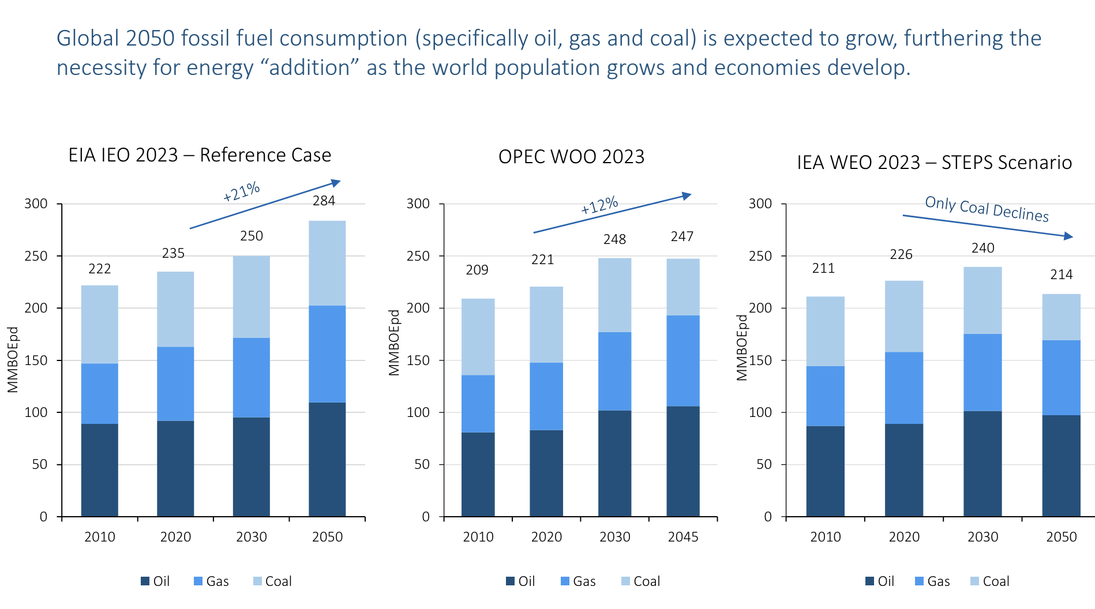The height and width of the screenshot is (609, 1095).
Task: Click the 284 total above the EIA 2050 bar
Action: tap(324, 201)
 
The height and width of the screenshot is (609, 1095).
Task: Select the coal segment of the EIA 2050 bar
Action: tap(327, 263)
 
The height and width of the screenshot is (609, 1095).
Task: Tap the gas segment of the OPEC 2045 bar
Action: tap(683, 360)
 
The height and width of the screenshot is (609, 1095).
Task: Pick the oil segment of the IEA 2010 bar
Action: tap(825, 471)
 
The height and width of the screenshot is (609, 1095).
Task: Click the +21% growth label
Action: tap(242, 191)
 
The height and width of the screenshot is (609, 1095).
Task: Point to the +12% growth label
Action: tap(599, 205)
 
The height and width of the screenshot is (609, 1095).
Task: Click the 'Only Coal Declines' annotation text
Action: tap(987, 209)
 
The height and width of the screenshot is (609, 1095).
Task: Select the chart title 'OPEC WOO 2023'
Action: tap(571, 157)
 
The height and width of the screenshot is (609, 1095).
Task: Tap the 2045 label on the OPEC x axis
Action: tap(683, 537)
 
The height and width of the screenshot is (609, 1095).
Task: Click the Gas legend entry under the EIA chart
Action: tap(211, 581)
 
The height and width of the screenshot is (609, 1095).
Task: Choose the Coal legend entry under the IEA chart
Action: tap(990, 581)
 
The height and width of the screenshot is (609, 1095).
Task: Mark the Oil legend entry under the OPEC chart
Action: tap(520, 581)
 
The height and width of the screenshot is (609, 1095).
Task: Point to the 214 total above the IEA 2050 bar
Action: tap(1061, 275)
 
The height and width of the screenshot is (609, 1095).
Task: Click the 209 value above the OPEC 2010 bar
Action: tap(477, 270)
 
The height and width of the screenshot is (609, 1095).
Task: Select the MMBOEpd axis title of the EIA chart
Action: tap(13, 360)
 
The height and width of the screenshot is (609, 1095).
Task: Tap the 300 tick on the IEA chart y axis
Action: tap(760, 204)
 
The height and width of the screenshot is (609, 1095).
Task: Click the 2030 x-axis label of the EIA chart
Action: tap(252, 537)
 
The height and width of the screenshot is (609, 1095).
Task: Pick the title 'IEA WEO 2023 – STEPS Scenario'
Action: tap(934, 163)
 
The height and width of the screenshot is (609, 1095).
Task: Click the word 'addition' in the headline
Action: tap(310, 68)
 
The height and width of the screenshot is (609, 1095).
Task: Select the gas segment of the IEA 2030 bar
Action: tap(982, 372)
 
